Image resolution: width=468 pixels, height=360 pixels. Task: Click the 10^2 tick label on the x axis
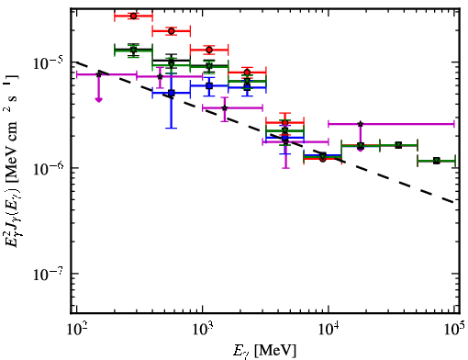pos(77,331)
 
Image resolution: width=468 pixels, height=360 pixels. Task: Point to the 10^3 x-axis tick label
pos(203,331)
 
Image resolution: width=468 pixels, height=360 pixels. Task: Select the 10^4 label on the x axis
pos(329,331)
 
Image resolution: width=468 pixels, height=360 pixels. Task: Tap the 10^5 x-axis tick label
pos(455,331)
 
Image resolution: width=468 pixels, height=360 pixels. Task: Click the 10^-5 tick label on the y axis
pos(49,62)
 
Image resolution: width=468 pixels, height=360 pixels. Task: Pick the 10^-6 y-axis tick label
pos(49,168)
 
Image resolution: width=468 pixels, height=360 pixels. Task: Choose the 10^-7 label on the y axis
pos(49,274)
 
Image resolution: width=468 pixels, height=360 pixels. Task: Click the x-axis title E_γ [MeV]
pos(264,351)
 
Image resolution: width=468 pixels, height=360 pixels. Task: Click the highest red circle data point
pos(133,16)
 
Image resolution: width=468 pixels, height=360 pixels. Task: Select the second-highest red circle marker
pos(172,31)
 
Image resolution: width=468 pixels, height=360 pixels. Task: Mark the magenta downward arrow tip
pos(98,100)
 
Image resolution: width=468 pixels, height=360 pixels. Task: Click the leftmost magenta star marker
pos(98,74)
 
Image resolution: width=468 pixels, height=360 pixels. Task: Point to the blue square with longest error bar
pos(172,93)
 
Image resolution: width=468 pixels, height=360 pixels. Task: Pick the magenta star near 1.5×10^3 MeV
pos(225,107)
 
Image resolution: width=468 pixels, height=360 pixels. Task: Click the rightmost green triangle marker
pos(437,161)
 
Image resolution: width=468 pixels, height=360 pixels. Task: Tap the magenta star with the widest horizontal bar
pos(361,124)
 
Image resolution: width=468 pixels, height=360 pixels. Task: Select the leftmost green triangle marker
pos(133,51)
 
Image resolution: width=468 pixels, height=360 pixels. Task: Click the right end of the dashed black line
pos(455,203)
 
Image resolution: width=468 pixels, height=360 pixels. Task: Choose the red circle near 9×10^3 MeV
pos(323,159)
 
